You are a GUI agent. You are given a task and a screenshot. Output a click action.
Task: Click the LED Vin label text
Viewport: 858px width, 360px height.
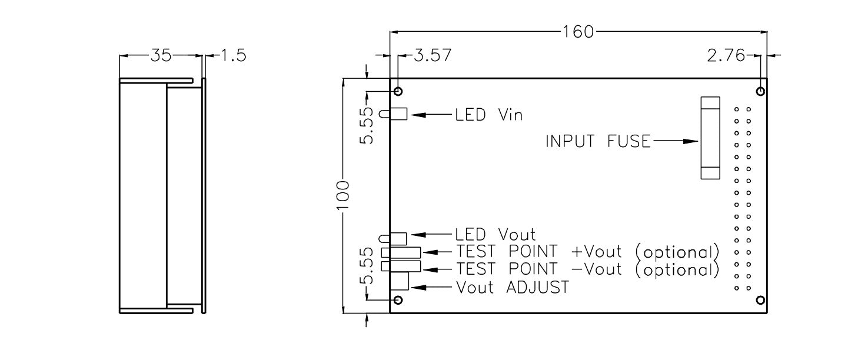pyautogui.click(x=488, y=115)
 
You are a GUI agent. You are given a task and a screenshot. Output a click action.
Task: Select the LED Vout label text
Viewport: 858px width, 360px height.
pyautogui.click(x=495, y=235)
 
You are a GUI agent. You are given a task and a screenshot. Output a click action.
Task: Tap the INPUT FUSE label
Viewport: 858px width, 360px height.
pyautogui.click(x=598, y=142)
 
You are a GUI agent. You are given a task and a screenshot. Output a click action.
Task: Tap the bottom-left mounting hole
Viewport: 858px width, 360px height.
pyautogui.click(x=398, y=301)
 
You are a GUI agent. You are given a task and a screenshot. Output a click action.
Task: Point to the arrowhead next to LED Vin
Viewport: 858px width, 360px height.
pyautogui.click(x=417, y=115)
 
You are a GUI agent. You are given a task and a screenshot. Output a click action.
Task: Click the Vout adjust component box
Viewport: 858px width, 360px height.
pyautogui.click(x=400, y=281)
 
